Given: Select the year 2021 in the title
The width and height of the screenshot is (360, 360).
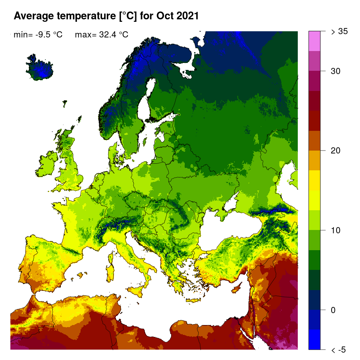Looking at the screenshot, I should click(x=187, y=16).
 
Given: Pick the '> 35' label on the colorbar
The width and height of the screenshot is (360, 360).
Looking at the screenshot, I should click(x=339, y=31).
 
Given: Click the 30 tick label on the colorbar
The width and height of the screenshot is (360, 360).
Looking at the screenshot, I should click(x=336, y=71).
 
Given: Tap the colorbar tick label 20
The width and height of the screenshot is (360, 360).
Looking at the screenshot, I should click(x=336, y=151).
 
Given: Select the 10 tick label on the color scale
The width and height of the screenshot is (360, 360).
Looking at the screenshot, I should click(x=336, y=230).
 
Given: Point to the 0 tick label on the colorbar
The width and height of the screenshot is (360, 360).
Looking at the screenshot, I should click(x=333, y=310).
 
